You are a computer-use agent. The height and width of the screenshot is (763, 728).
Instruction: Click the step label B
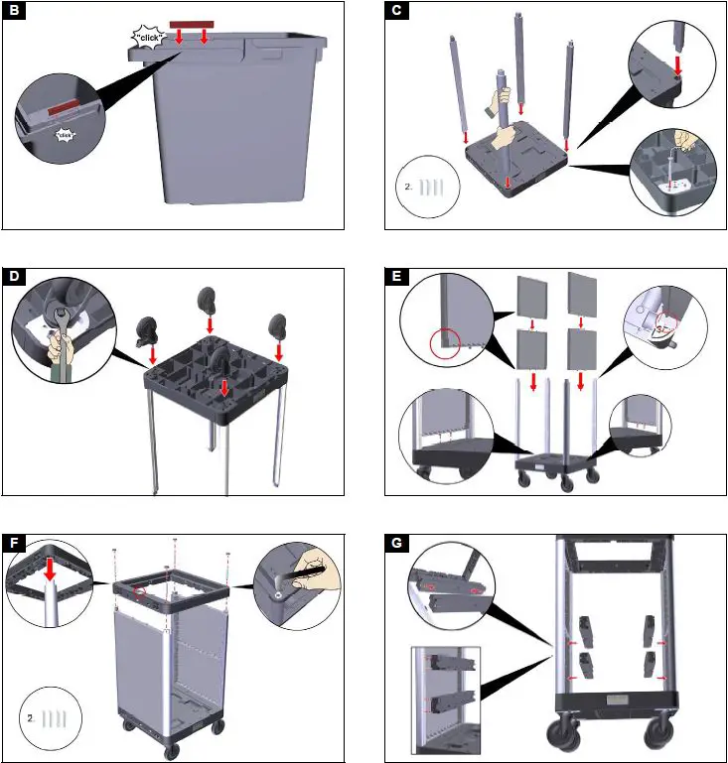point(14,11)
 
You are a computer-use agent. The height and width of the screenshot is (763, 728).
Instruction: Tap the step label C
point(396,11)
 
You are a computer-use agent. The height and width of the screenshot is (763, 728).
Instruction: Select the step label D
point(14,277)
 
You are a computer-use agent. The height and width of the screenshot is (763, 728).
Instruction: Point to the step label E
point(396,277)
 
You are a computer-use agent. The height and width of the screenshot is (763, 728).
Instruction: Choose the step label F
point(14,543)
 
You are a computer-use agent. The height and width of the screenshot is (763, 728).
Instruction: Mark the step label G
point(396,543)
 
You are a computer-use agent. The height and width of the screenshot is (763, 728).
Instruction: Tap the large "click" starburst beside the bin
point(151,37)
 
